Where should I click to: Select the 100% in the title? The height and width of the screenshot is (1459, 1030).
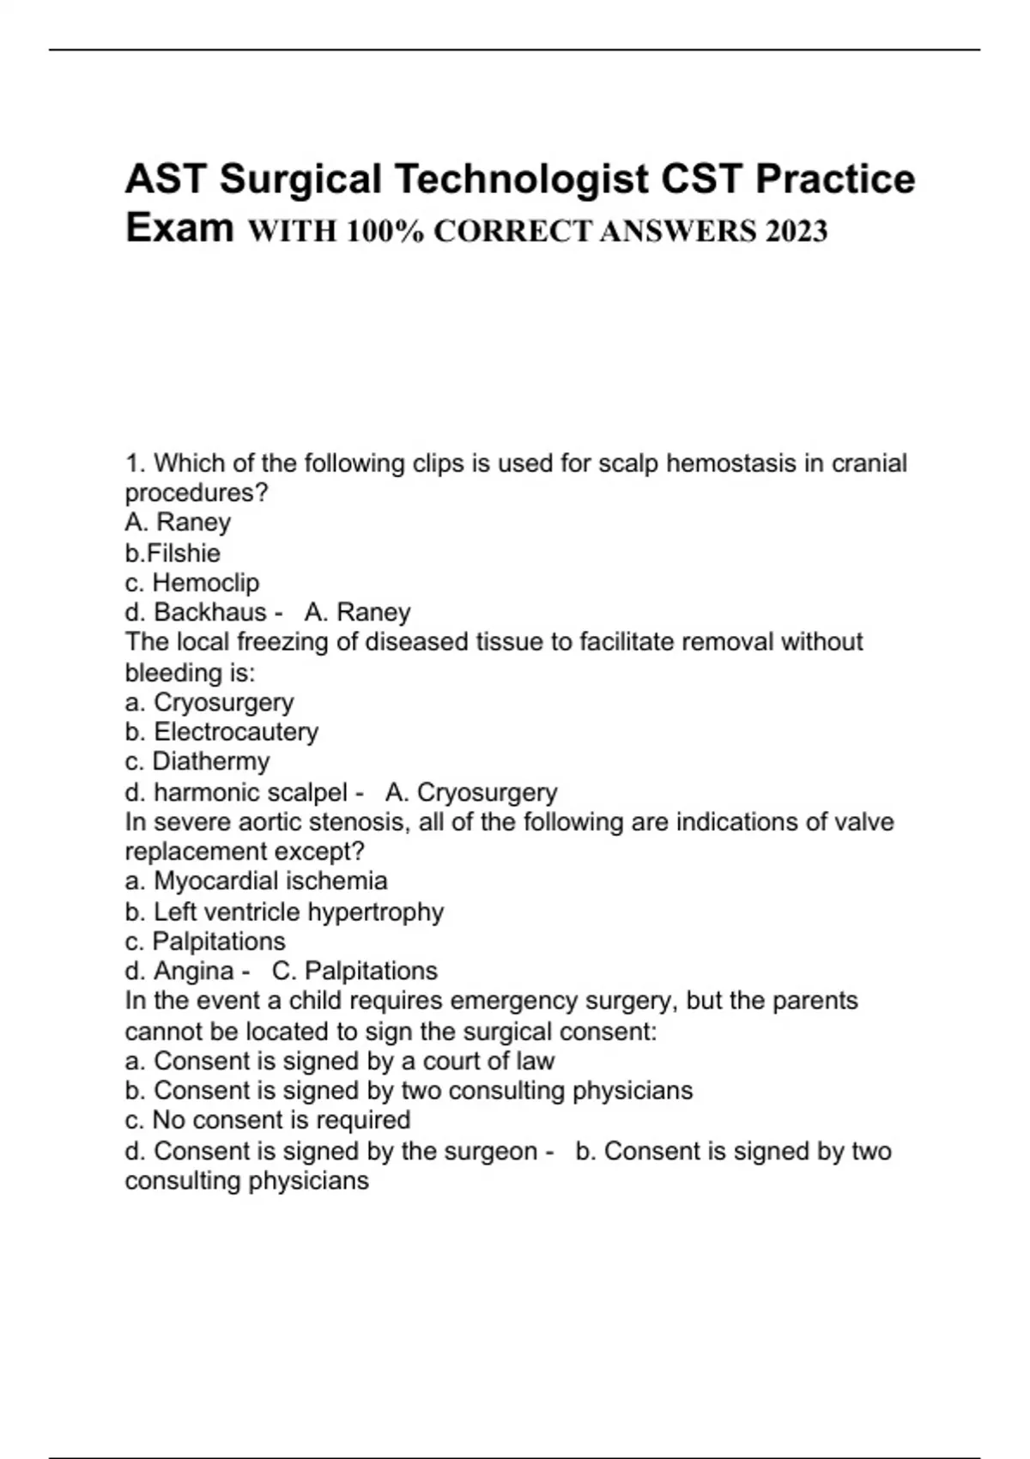385,231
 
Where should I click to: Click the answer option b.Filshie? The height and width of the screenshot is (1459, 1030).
173,553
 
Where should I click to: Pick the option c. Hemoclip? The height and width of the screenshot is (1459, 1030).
191,583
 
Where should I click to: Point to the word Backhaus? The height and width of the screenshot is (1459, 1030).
210,612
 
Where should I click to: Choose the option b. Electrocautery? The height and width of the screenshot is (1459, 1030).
221,731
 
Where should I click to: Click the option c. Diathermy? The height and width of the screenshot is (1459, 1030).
197,761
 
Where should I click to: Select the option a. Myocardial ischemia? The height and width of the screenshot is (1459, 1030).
256,881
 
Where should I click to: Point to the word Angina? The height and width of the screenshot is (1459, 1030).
193,971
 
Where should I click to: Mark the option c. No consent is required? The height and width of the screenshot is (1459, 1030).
267,1120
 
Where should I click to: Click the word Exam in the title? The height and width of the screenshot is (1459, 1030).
179,227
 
